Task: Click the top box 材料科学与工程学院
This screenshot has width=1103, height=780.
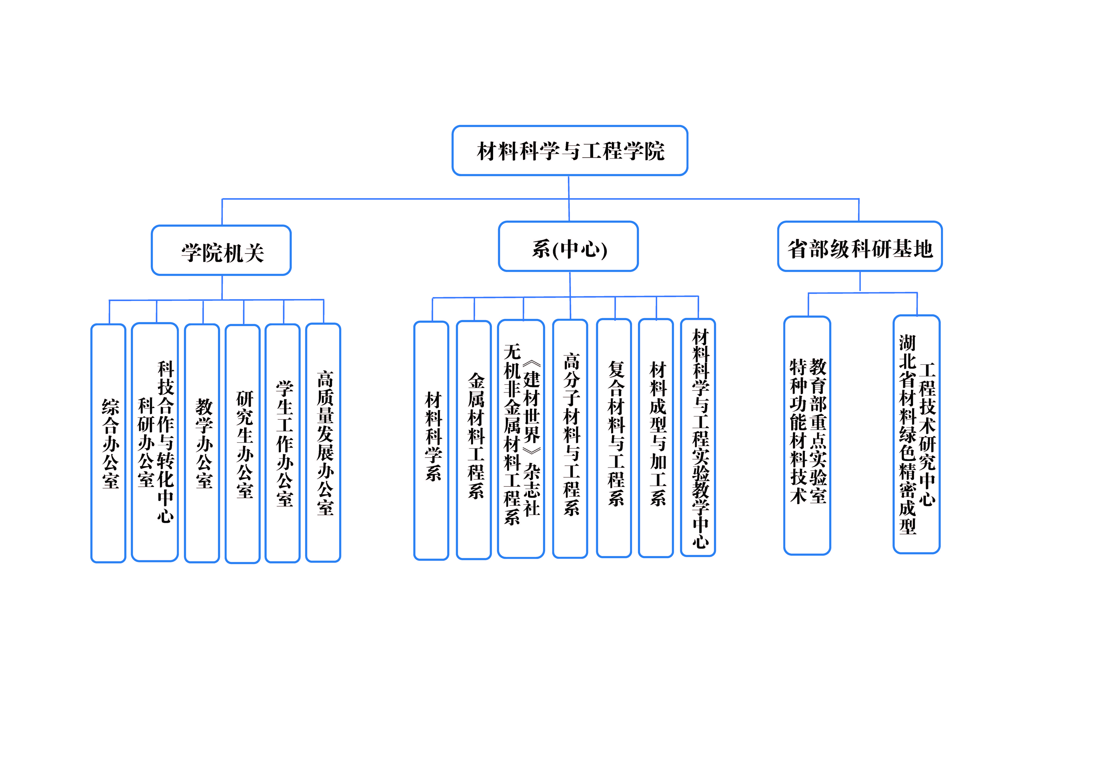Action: (570, 151)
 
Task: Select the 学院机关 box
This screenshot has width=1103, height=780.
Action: (221, 250)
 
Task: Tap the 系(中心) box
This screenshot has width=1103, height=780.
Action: (568, 246)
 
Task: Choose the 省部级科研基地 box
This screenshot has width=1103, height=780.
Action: (860, 246)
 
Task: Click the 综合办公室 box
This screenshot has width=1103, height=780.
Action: (108, 443)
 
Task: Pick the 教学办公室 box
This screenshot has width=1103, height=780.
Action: (202, 443)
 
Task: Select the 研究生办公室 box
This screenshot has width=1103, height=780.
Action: (243, 444)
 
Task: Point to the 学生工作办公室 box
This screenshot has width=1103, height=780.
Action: (282, 443)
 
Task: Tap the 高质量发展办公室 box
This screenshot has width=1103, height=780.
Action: (323, 442)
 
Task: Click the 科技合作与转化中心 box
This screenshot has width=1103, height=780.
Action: (155, 442)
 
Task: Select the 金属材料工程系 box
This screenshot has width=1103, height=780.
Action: (474, 440)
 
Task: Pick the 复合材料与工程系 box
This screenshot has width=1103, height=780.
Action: (614, 438)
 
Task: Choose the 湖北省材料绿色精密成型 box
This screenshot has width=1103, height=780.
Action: (917, 434)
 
